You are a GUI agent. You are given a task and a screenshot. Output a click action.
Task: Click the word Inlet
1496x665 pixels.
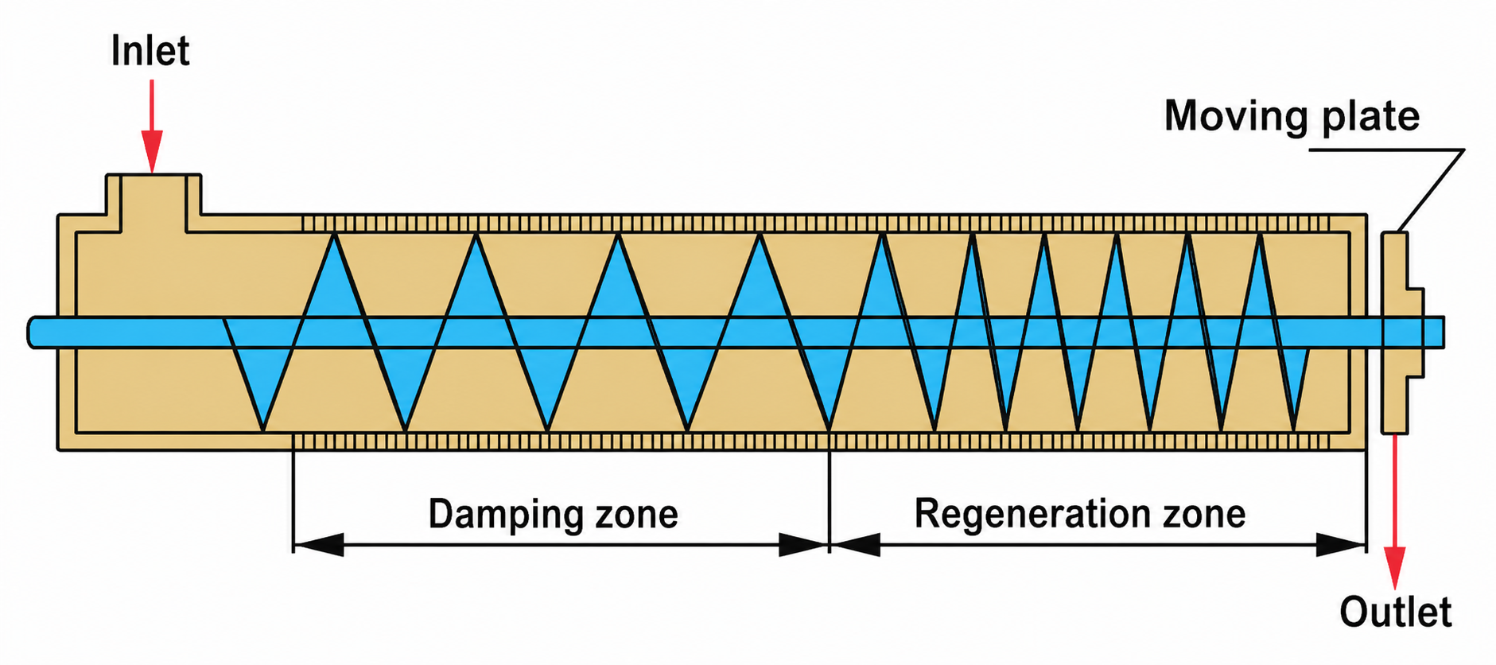[150, 52]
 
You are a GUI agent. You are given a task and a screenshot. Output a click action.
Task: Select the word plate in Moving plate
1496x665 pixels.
[1370, 116]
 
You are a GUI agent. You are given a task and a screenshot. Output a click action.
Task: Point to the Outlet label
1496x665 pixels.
[1395, 612]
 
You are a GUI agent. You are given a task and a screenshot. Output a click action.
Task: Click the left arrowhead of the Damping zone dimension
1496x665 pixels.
[318, 545]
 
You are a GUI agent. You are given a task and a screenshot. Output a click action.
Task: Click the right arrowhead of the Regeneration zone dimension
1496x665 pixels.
[1342, 545]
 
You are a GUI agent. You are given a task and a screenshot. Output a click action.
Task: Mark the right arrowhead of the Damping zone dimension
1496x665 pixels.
[803, 545]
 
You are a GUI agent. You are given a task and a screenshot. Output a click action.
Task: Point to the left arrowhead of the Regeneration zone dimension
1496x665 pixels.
[856, 545]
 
